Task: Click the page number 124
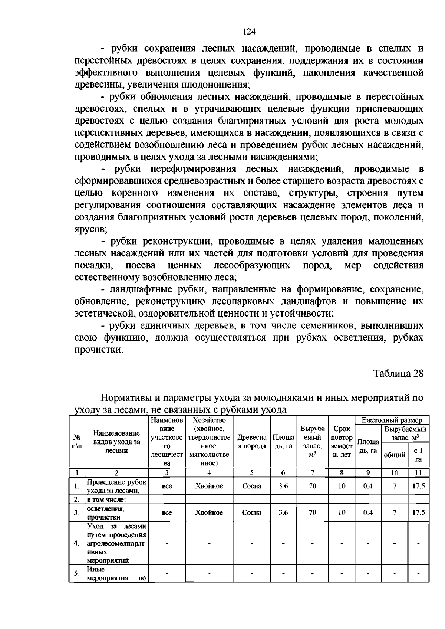coord(249,31)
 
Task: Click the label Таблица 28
coord(398,373)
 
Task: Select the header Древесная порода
coord(252,442)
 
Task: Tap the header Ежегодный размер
coord(392,420)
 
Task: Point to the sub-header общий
coord(395,455)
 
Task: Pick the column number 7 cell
coord(313,473)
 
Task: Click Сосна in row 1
coord(252,486)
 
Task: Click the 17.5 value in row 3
coord(419,513)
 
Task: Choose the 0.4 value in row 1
coord(368,486)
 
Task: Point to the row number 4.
coord(76,543)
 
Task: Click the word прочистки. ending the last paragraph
coord(98,350)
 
